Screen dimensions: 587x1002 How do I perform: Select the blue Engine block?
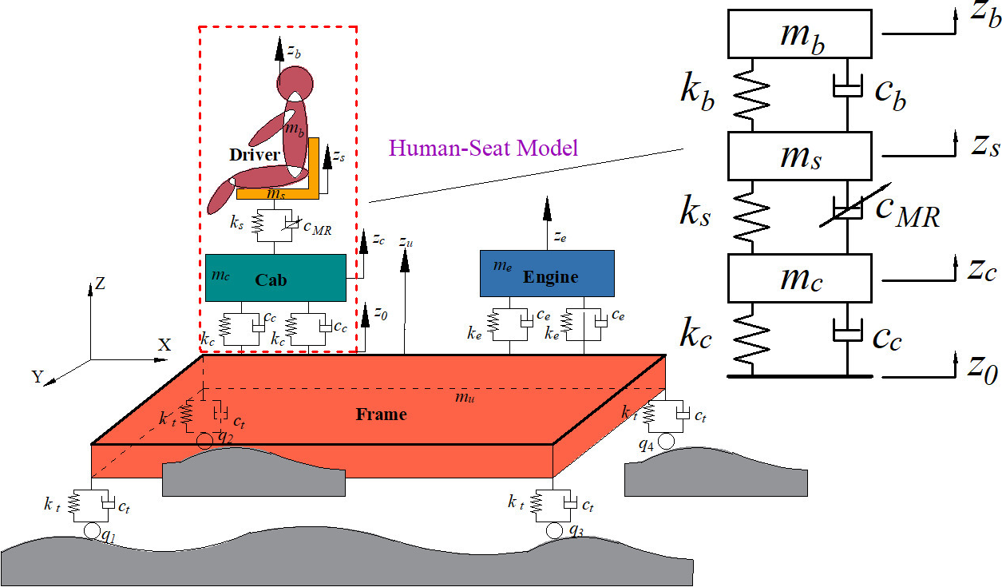click(547, 273)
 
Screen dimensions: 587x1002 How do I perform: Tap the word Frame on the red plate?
click(381, 414)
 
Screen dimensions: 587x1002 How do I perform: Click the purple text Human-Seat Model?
click(483, 148)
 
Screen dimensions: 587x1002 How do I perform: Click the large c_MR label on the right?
click(906, 212)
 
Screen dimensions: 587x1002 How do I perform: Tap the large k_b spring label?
click(697, 90)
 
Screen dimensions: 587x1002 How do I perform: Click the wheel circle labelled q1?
click(91, 530)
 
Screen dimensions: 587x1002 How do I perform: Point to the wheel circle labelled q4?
click(667, 441)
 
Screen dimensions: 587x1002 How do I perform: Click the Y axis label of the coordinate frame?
click(37, 377)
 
